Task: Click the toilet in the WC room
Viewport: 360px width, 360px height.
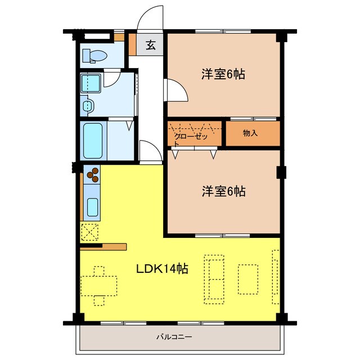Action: coord(94,56)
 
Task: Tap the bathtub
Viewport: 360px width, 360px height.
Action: coord(93,141)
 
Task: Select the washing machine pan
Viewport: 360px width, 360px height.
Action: coord(91,83)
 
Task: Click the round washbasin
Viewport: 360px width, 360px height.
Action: coord(88,106)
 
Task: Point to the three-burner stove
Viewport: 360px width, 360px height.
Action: coord(92,174)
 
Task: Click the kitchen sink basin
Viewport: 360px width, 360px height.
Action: coord(92,207)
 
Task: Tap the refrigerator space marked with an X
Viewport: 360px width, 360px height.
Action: coord(90,232)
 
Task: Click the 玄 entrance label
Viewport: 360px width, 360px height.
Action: coord(151,45)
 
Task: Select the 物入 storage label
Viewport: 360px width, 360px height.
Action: coord(250,133)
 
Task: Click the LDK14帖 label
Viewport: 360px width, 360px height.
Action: coord(163,269)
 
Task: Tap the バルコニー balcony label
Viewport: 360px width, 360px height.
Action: coord(174,337)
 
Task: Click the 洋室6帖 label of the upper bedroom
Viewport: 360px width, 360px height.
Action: coord(223,74)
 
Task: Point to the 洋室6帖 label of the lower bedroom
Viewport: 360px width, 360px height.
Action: coord(224,191)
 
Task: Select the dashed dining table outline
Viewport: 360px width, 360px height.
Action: coord(99,286)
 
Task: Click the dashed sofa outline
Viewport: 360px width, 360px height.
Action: coord(214,279)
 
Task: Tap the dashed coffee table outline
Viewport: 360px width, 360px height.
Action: coord(248,279)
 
